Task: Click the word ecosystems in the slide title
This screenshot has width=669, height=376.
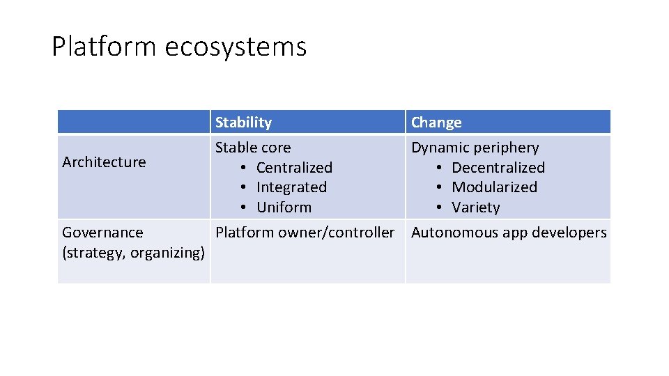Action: point(236,47)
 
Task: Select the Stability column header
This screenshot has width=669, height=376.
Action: point(243,123)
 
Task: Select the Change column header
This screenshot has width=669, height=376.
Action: point(436,123)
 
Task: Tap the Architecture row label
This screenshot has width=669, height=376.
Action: point(104,162)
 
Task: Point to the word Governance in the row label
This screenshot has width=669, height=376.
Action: point(102,233)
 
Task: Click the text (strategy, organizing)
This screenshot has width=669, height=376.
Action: point(133,253)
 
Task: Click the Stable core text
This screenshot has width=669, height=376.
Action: point(253,148)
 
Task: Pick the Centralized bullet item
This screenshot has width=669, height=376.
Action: point(294,168)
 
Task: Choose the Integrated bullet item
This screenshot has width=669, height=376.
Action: point(291,187)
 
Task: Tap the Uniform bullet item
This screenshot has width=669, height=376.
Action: point(284,207)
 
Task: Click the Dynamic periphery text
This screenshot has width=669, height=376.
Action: point(475,148)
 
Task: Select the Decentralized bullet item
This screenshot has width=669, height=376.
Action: point(498,168)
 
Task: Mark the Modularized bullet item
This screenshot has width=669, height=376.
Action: point(494,187)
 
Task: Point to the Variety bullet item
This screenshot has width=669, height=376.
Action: point(476,207)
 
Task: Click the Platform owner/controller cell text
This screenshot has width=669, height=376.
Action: point(305,233)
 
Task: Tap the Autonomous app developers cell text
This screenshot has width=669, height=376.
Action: point(509,233)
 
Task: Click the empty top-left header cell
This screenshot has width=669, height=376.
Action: point(133,122)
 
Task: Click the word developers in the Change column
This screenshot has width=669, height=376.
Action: point(570,233)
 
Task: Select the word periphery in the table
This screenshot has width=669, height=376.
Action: point(506,148)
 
